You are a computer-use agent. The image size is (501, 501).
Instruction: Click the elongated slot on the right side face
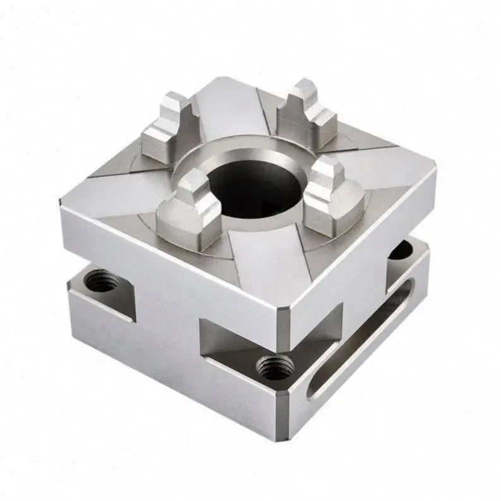pos(363,338)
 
